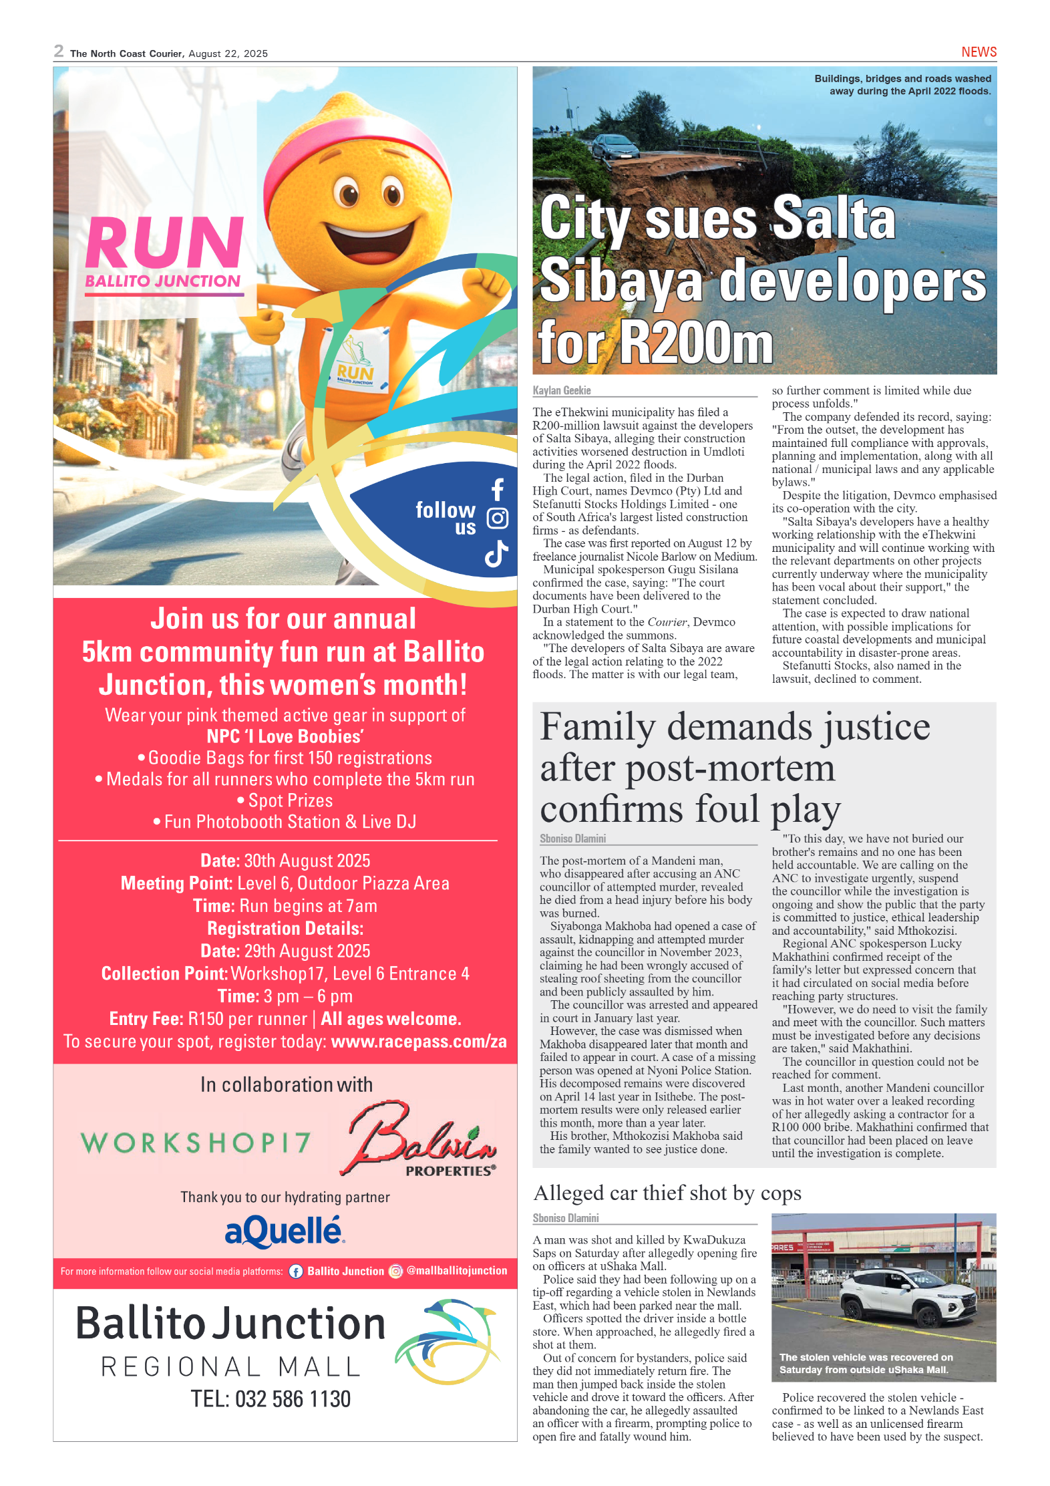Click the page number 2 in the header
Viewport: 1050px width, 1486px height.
[59, 51]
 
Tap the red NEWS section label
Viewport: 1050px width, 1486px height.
[978, 52]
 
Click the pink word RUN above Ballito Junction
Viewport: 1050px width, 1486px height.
[164, 243]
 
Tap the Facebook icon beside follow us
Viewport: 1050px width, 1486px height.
[497, 490]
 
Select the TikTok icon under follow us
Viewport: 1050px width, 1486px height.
[496, 554]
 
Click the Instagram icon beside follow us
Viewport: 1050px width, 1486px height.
[497, 518]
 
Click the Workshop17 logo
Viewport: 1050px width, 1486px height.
[196, 1143]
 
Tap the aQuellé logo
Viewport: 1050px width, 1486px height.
[285, 1232]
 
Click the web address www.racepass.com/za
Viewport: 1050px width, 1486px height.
[418, 1042]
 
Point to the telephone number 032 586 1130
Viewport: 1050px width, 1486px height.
[292, 1399]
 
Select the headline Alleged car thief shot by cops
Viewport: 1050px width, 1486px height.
[667, 1194]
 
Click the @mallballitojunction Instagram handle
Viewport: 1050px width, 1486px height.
[456, 1271]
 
